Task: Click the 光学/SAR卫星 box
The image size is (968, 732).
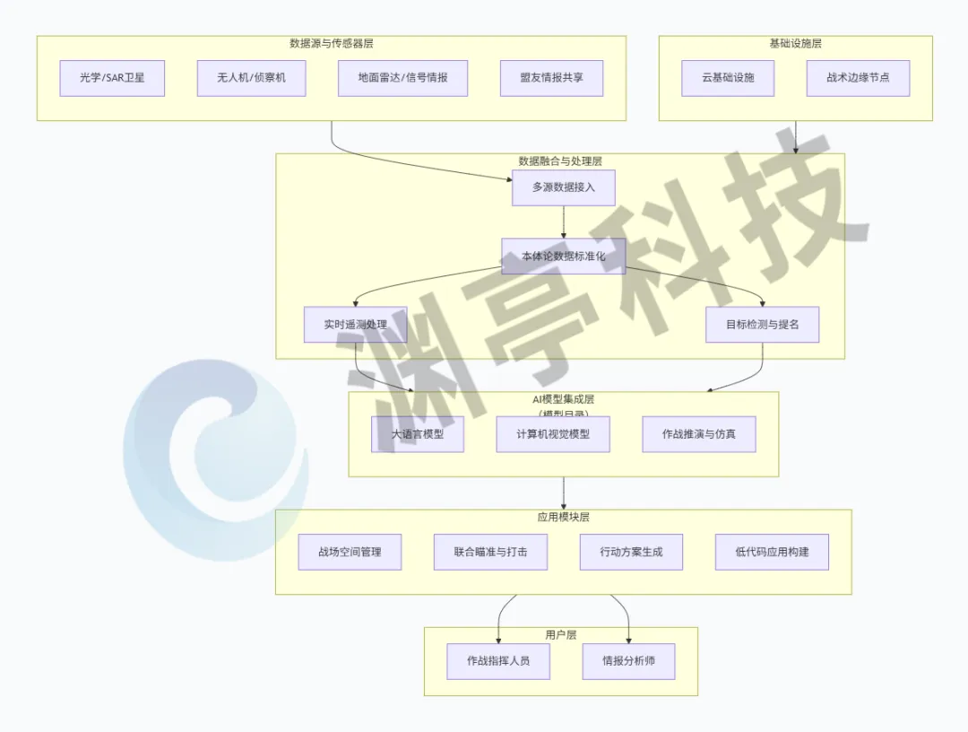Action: tap(112, 78)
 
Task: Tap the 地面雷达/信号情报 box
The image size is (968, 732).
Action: tap(402, 78)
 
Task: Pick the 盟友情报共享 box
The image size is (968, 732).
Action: tap(551, 78)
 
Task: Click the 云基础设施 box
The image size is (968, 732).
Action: tap(728, 78)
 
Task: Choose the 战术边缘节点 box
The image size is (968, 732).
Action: tap(858, 78)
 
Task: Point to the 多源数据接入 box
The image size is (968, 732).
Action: tap(563, 187)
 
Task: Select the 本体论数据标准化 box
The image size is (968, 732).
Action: tap(563, 257)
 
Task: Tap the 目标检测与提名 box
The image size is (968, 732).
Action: tap(762, 324)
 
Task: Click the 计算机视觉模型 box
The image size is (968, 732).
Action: tap(553, 434)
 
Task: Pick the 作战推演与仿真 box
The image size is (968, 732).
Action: tap(699, 434)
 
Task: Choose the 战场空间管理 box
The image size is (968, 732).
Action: tap(350, 552)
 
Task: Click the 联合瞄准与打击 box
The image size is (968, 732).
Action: tap(490, 552)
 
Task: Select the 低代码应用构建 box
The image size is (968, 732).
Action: tap(772, 552)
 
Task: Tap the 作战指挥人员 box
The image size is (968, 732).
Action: tap(498, 661)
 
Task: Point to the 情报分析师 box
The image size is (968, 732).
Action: tap(627, 661)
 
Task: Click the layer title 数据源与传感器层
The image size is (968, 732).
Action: tap(331, 43)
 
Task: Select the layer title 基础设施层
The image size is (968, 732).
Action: tap(795, 43)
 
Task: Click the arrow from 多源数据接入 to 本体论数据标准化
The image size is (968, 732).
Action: tap(563, 222)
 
